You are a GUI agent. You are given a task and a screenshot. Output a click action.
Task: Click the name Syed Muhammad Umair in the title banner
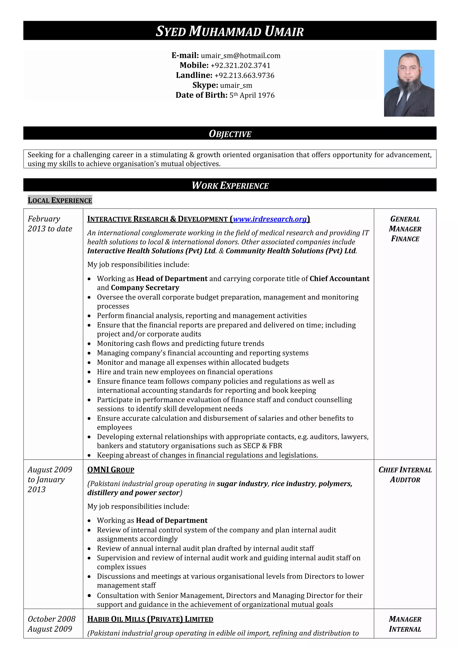tap(229, 31)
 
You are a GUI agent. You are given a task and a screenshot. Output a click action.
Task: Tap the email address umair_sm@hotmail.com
tap(240, 56)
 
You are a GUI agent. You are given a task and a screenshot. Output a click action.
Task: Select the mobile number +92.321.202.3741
tap(240, 66)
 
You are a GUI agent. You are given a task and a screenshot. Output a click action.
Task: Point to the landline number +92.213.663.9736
tap(244, 75)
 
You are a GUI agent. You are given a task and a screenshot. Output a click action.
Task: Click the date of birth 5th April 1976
tap(252, 95)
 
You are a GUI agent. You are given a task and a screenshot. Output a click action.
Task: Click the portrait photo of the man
tap(409, 83)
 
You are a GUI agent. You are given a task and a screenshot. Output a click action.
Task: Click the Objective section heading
tap(230, 134)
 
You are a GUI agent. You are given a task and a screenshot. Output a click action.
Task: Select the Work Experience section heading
tap(230, 185)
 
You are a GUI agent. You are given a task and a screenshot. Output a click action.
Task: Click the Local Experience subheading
tap(60, 200)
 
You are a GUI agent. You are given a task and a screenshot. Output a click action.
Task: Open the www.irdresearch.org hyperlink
tap(270, 219)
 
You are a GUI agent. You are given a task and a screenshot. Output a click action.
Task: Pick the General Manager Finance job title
tap(405, 229)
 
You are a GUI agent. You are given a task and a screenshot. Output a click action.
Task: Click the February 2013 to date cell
tap(50, 224)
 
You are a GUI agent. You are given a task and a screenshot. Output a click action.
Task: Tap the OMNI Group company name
tap(111, 470)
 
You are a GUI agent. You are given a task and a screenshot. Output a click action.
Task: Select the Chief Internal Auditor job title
tap(405, 474)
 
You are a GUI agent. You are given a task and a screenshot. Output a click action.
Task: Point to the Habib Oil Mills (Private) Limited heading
tap(150, 619)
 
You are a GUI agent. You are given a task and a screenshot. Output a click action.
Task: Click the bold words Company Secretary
tap(145, 288)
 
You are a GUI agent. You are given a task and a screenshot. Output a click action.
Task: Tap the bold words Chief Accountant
tap(339, 278)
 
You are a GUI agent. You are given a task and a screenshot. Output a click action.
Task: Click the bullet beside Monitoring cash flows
tap(89, 344)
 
